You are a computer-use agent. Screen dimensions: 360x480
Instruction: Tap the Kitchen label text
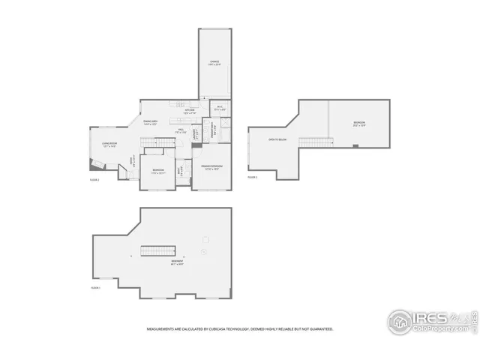pos(189,112)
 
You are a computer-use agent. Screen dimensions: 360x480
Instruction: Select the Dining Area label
pos(150,123)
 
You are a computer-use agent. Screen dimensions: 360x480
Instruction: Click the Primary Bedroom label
pos(211,166)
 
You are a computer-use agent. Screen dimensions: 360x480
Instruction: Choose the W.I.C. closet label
pos(220,109)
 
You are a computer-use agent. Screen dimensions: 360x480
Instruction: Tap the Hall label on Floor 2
pos(181,132)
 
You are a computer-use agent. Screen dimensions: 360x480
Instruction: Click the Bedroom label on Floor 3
pos(359,124)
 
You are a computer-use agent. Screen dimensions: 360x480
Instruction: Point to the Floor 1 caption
pos(95,287)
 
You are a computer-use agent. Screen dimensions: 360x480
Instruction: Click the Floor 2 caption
pos(94,180)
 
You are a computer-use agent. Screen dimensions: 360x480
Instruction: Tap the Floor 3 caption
pos(252,177)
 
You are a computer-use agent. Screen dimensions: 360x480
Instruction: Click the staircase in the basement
pos(158,250)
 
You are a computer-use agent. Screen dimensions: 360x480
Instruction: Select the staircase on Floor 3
pos(316,143)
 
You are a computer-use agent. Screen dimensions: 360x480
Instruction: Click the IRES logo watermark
pos(430,321)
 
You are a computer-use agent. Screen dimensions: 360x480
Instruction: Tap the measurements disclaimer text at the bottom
pos(239,328)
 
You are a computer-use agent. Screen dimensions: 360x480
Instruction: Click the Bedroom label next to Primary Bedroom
pos(158,170)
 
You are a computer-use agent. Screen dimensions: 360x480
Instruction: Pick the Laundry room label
pos(196,135)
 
